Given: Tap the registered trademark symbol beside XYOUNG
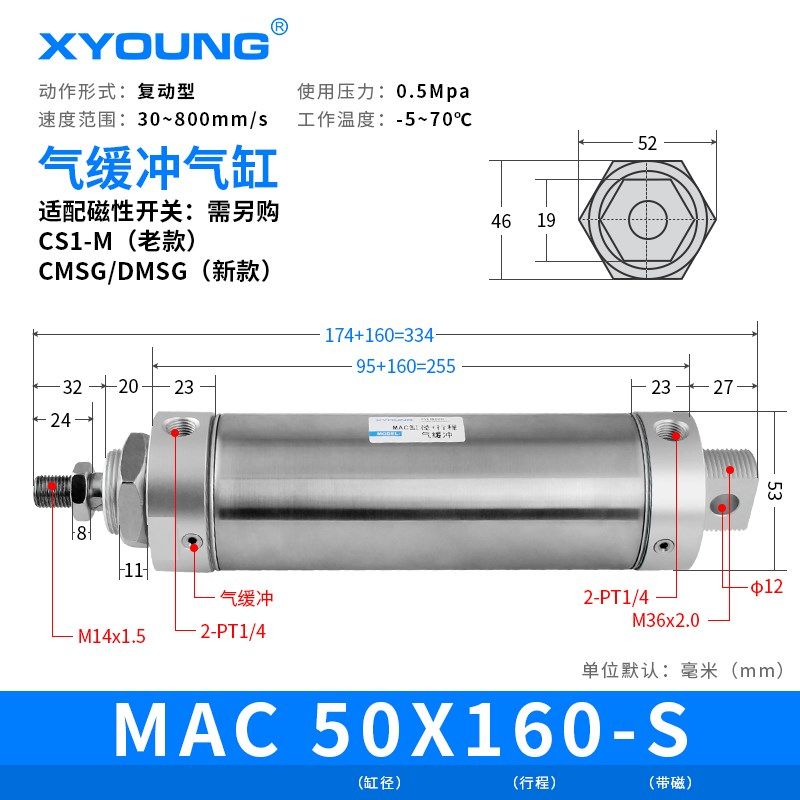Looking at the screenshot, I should pyautogui.click(x=279, y=28).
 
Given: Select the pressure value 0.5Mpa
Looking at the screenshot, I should pyautogui.click(x=433, y=91).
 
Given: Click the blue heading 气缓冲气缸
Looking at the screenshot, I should pyautogui.click(x=157, y=169).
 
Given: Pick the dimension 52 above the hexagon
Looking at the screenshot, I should pyautogui.click(x=647, y=143).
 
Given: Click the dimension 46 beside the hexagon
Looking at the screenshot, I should pyautogui.click(x=501, y=220).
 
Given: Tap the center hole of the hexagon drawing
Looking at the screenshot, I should pyautogui.click(x=647, y=219).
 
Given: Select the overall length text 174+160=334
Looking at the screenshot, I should pyautogui.click(x=379, y=336).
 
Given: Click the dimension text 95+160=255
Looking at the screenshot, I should pyautogui.click(x=405, y=366).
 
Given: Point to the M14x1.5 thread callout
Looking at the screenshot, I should pyautogui.click(x=112, y=635).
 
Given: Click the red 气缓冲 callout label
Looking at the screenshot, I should pyautogui.click(x=246, y=599).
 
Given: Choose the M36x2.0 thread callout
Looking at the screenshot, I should pyautogui.click(x=665, y=620).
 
